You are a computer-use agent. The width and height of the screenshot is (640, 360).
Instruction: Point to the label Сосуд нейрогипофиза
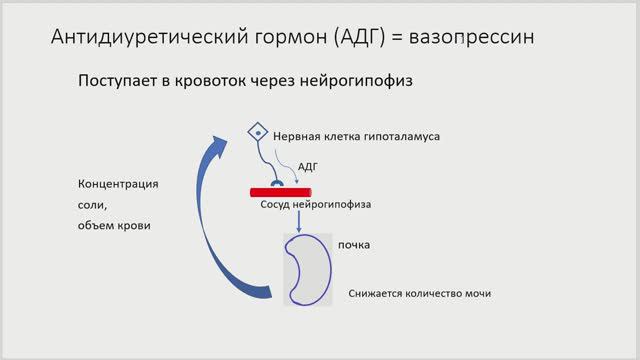point(309,205)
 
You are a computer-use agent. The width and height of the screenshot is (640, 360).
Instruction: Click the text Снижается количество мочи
point(420,294)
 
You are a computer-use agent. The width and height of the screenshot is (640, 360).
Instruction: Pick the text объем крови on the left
point(113,225)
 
